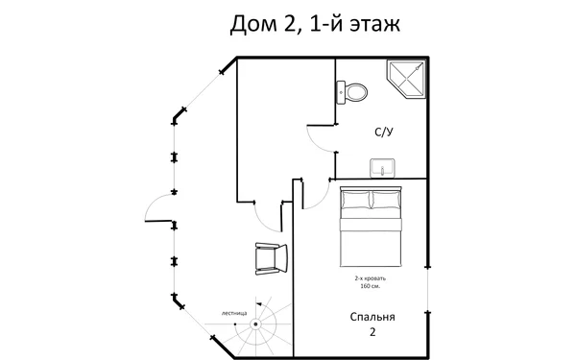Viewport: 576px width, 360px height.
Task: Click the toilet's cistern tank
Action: tap(342, 93)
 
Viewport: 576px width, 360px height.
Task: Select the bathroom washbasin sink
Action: tap(383, 167)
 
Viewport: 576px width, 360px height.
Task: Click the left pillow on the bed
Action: tap(355, 201)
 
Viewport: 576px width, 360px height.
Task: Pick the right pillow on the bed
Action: tap(389, 201)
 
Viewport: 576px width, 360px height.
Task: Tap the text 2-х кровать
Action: tap(371, 277)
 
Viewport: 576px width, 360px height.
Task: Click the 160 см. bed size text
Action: tap(371, 286)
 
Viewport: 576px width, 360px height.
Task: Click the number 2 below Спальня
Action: tap(372, 332)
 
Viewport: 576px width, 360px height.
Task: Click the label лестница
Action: tap(233, 313)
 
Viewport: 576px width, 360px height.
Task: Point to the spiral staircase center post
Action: tap(256, 324)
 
